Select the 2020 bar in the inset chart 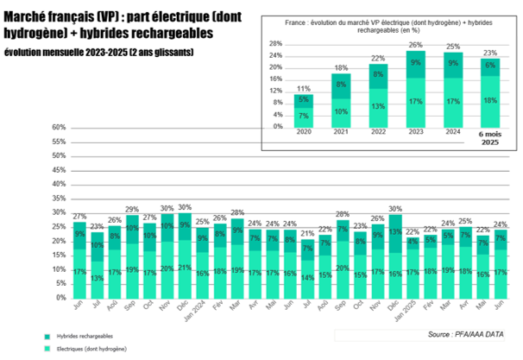(304, 111)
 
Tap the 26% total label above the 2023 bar (392, 45)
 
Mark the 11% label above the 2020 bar (304, 89)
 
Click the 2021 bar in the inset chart (341, 100)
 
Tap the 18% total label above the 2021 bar (341, 68)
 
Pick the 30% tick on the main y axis (59, 213)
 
